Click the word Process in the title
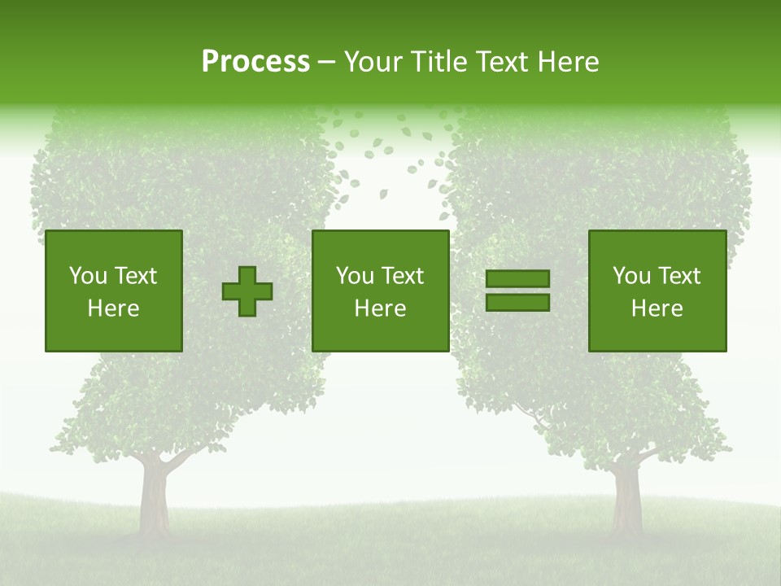click(255, 62)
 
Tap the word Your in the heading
click(374, 62)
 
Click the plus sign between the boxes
click(247, 291)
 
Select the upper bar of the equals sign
click(517, 278)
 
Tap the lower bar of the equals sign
click(517, 302)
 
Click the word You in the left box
click(88, 276)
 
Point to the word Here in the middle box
click(381, 308)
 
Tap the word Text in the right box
click(679, 276)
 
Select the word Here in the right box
click(657, 308)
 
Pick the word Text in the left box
click(136, 276)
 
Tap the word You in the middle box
click(355, 276)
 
